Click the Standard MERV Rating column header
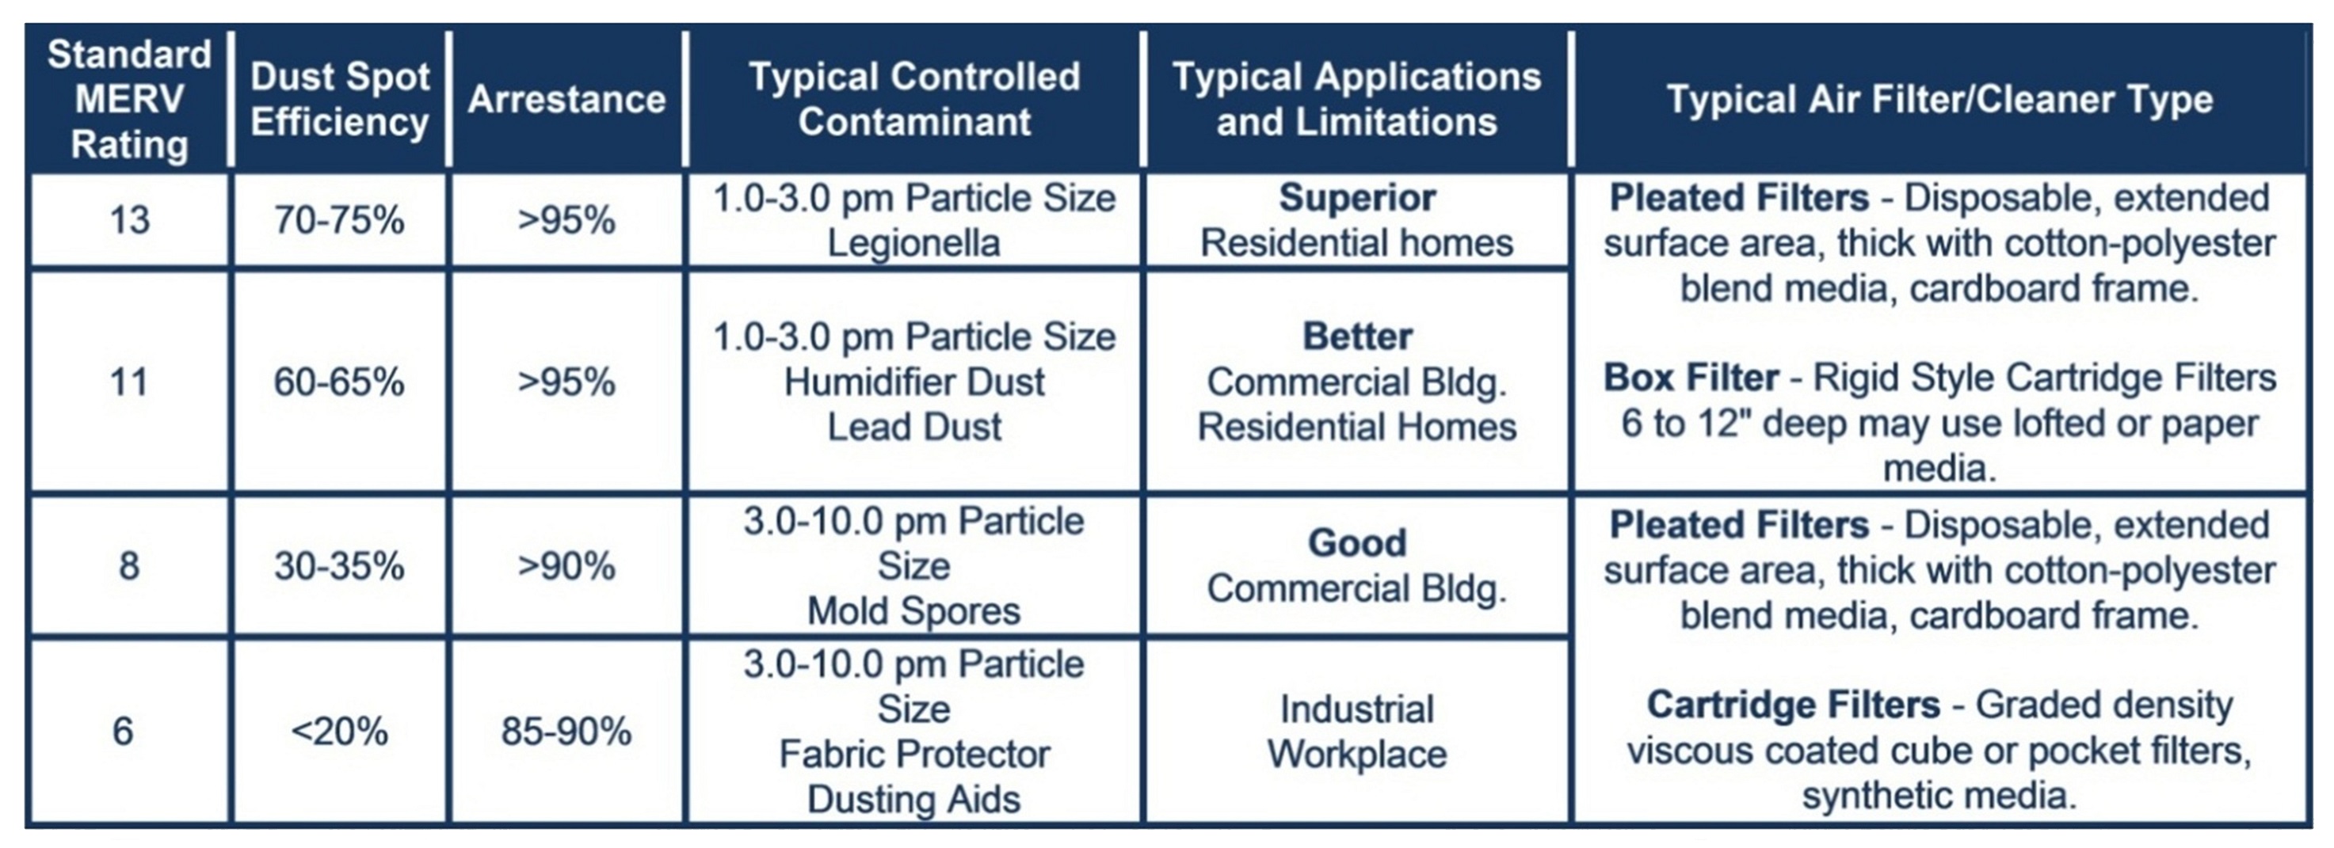pyautogui.click(x=130, y=100)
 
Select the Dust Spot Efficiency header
pyautogui.click(x=340, y=100)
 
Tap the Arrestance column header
pyautogui.click(x=566, y=100)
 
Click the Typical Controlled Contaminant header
pyautogui.click(x=914, y=100)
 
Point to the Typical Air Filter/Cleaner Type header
pyautogui.click(x=1940, y=100)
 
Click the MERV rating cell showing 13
pyautogui.click(x=130, y=220)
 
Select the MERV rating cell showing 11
pyautogui.click(x=130, y=382)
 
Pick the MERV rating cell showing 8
pyautogui.click(x=130, y=566)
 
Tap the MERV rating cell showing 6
pyautogui.click(x=124, y=731)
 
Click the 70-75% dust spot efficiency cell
pyautogui.click(x=340, y=220)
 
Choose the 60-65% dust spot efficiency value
pyautogui.click(x=340, y=382)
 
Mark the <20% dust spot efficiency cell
pyautogui.click(x=340, y=731)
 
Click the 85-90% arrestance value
pyautogui.click(x=566, y=731)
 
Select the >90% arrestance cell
pyautogui.click(x=566, y=566)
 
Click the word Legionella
pyautogui.click(x=914, y=243)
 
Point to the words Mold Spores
pyautogui.click(x=914, y=611)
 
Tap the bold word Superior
pyautogui.click(x=1357, y=197)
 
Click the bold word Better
pyautogui.click(x=1357, y=337)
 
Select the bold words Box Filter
pyautogui.click(x=1691, y=378)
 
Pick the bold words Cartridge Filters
pyautogui.click(x=1793, y=705)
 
